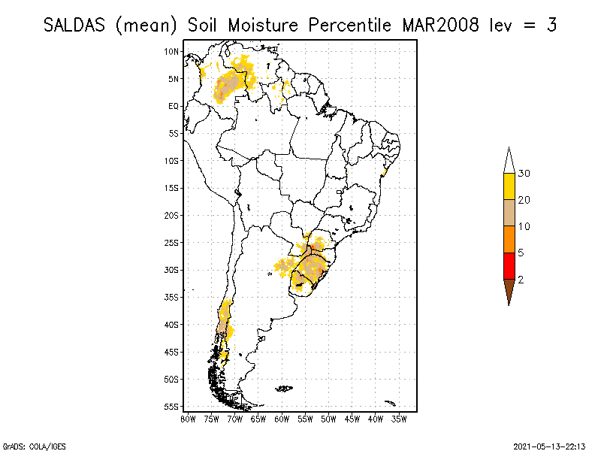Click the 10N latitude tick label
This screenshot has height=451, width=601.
coord(173,51)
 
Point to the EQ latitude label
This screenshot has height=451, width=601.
coord(174,106)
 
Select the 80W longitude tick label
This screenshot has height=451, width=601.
coord(188,418)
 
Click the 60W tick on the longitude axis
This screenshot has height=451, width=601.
coord(282,418)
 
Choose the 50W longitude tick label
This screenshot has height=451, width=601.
coord(328,418)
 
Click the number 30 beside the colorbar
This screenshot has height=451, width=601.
coord(524,174)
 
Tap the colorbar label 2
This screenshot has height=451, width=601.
coord(521,280)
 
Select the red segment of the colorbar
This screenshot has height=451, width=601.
coord(509,266)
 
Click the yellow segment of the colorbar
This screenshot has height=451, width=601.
coord(509,186)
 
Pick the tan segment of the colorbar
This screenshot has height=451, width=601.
coord(509,213)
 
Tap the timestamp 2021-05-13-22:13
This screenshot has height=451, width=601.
coord(549,445)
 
